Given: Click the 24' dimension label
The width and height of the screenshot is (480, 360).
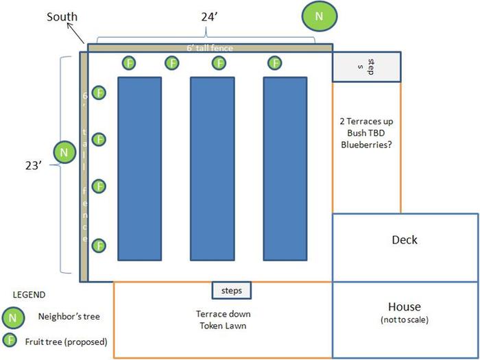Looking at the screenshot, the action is pos(209,17).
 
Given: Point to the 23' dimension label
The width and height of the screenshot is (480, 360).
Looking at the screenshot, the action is pos(34,166).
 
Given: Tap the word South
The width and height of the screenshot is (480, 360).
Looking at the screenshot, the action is pos(62,16).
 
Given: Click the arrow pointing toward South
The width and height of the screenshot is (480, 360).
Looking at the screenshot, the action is pos(75,33).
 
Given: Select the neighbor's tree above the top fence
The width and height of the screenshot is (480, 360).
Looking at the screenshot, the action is pos(320,16).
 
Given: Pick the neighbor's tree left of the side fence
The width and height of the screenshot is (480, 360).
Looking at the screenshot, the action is pos(64,152).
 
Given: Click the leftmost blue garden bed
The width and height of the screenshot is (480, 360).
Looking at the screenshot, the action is pos(140,169).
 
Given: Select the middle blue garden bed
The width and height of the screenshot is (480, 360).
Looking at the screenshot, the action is pos(213,169).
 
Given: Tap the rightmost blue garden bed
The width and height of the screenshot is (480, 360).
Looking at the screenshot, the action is pos(285,169).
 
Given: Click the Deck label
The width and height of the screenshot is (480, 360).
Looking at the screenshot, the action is pos(405,240).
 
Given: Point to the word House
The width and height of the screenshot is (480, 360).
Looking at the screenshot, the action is pos(405,307).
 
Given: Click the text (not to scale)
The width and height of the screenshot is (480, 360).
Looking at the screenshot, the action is pos(405,320).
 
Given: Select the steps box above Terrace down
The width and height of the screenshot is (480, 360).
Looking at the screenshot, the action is pos(232,291).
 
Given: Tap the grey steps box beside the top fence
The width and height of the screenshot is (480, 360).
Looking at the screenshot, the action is pos(367,67).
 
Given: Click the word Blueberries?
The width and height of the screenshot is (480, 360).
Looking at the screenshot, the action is pos(366,145).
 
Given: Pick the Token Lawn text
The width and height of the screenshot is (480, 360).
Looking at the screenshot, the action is pos(223,326).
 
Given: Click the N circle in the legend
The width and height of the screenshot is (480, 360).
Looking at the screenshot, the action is pos(13,317).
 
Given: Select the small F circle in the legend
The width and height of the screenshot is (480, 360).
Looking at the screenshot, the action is pos(10,340).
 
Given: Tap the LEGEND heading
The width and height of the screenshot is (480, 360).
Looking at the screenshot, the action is pos(29,295).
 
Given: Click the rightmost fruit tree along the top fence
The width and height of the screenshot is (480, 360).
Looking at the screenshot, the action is pos(274,63).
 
